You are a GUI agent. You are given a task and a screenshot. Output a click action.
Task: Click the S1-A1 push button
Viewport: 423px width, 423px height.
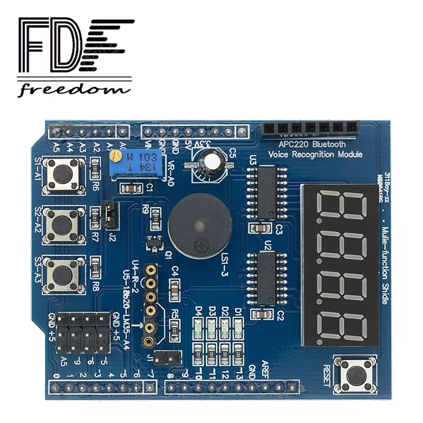coord(63,174)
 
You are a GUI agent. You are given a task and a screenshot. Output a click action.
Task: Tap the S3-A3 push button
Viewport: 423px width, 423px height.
coord(63,274)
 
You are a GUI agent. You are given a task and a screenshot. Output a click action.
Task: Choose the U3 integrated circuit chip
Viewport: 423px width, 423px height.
coord(266,191)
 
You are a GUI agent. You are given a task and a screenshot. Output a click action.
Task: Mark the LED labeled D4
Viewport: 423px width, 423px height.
coord(198,328)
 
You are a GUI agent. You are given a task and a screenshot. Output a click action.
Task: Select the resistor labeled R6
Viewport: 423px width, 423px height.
coord(96,169)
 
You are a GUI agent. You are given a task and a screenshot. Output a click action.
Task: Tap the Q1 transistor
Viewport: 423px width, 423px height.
coord(155,243)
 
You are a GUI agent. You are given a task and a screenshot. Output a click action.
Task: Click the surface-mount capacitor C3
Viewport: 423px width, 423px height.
coord(261,229)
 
